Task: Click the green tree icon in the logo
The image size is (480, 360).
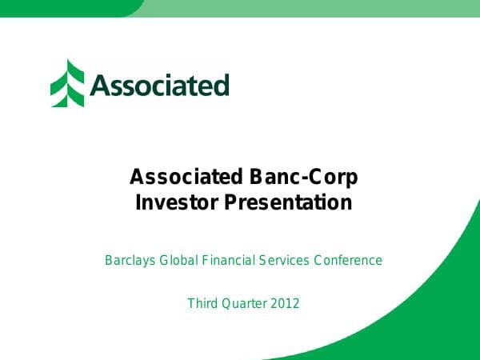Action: (x=67, y=83)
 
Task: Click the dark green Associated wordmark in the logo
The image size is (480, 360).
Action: (x=159, y=85)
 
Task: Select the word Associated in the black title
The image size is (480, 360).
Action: (x=186, y=177)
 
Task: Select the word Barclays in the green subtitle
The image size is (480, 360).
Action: (x=130, y=260)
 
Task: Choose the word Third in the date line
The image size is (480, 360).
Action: (x=202, y=303)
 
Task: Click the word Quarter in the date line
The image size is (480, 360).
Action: (x=244, y=303)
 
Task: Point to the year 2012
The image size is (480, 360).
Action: (x=286, y=303)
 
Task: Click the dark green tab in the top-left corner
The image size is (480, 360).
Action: (x=64, y=7)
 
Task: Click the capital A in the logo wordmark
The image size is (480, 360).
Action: (x=100, y=85)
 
